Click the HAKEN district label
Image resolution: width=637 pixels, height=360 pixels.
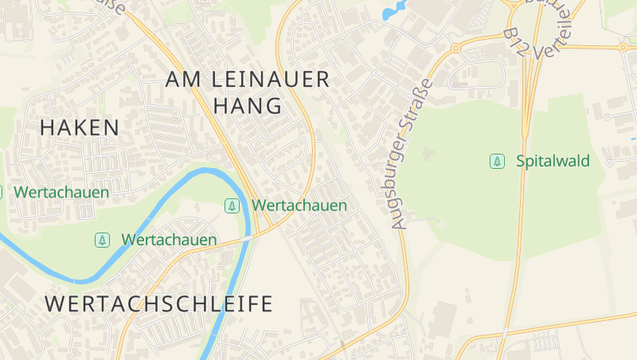(80, 127)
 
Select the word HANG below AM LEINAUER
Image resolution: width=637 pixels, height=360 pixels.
(248, 106)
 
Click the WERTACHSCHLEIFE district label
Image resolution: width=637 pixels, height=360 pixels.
(159, 303)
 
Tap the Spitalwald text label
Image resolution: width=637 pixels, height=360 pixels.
(553, 162)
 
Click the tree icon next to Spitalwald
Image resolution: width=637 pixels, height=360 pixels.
(497, 162)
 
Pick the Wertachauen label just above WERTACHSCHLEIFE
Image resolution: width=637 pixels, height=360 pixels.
(169, 240)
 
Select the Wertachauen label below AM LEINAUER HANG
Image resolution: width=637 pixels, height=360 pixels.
(299, 205)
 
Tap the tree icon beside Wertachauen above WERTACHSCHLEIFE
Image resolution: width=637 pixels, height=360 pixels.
(102, 240)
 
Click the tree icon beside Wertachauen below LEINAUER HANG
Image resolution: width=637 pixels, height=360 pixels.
(232, 205)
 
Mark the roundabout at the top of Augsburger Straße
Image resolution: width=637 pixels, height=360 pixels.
(456, 49)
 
